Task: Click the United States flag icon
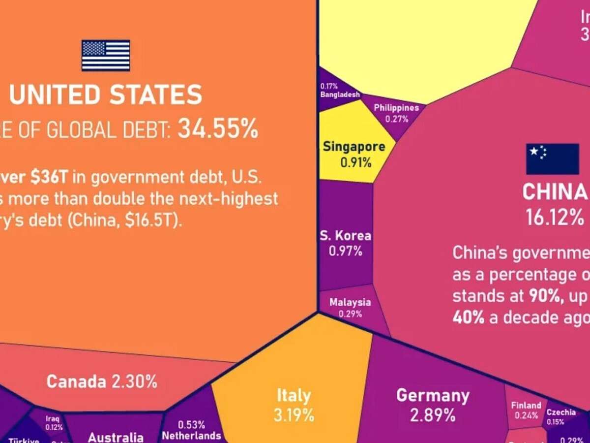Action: click(106, 55)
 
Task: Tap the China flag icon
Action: click(553, 159)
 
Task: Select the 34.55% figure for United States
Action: click(218, 129)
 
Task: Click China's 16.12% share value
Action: click(555, 217)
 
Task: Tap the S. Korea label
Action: click(345, 235)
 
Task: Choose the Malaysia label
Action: click(350, 302)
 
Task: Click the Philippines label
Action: click(396, 108)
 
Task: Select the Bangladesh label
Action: click(340, 95)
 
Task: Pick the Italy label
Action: click(294, 396)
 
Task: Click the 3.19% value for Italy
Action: click(294, 414)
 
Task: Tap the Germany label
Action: click(433, 395)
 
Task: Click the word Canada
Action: click(76, 381)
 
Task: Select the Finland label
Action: click(526, 406)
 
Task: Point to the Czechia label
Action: click(561, 412)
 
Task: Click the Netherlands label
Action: click(191, 436)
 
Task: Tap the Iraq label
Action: click(53, 419)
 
